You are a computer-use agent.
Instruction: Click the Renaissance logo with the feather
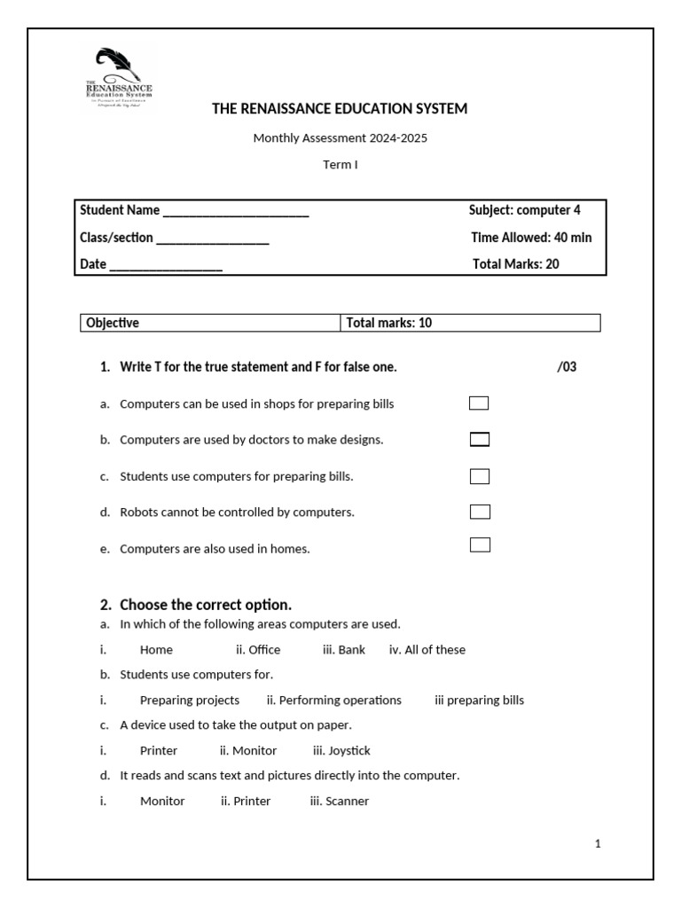(x=118, y=79)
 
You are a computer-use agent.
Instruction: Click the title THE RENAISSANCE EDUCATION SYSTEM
(x=339, y=109)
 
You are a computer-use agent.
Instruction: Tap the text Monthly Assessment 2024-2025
(x=340, y=137)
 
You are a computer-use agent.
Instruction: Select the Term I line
(x=340, y=165)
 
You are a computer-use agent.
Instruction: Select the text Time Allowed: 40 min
(x=531, y=238)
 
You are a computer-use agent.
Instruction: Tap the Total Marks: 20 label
(x=515, y=264)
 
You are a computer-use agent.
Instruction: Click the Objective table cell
(x=210, y=323)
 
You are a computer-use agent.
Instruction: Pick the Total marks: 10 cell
(x=470, y=323)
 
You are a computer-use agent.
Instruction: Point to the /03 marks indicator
(x=567, y=367)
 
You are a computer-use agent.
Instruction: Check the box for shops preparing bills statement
(x=479, y=403)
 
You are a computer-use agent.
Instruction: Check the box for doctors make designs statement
(x=479, y=440)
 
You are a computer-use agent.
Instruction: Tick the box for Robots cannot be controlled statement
(x=479, y=512)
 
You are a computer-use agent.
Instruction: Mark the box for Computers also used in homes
(x=479, y=544)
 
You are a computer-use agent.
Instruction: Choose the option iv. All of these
(x=427, y=650)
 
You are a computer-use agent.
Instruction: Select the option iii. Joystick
(x=341, y=751)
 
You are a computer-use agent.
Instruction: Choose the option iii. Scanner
(x=339, y=802)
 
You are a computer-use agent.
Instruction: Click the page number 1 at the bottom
(x=598, y=844)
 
